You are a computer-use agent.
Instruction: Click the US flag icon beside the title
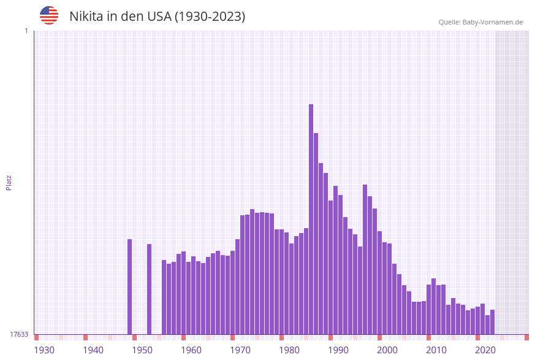point(49,15)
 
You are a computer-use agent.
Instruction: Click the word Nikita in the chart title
point(86,17)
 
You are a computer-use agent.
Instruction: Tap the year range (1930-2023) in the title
point(210,17)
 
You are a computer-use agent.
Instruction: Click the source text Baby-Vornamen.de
point(493,22)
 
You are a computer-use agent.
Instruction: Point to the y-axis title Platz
point(9,182)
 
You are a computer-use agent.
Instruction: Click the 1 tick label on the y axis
point(26,31)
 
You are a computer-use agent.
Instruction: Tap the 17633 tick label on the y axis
point(19,334)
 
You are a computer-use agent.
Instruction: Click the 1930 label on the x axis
point(44,350)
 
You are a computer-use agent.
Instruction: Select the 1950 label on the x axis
point(142,350)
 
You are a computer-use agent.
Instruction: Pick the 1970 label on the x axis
point(240,350)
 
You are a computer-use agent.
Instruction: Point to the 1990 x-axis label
point(338,350)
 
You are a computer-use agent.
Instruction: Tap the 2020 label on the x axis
point(485,350)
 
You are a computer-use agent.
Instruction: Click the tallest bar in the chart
point(311,219)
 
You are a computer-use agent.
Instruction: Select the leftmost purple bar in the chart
point(129,286)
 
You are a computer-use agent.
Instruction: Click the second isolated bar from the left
point(149,289)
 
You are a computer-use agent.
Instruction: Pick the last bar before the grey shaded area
point(492,322)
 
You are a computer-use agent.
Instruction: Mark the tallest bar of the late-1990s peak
point(365,259)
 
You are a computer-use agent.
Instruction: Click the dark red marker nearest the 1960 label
point(183,337)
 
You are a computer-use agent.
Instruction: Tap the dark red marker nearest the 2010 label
point(428,337)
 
